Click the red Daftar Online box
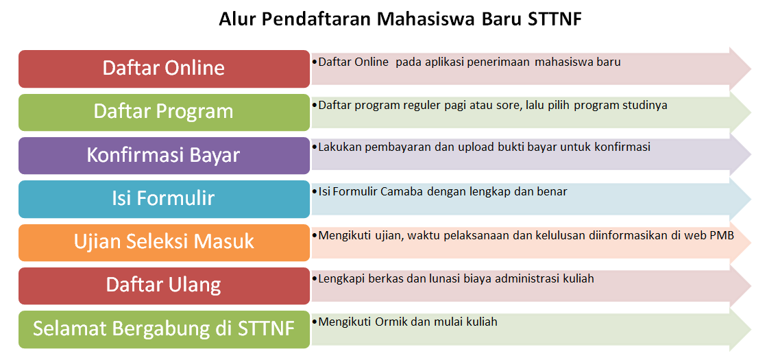coord(164,69)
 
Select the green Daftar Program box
coord(164,112)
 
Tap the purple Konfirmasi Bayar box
coord(164,156)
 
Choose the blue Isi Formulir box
coord(164,199)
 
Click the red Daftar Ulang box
coord(164,286)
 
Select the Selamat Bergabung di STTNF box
coord(164,329)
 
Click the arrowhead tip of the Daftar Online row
coord(751,69)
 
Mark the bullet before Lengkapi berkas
coord(315,279)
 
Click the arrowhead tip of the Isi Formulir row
coord(751,199)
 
